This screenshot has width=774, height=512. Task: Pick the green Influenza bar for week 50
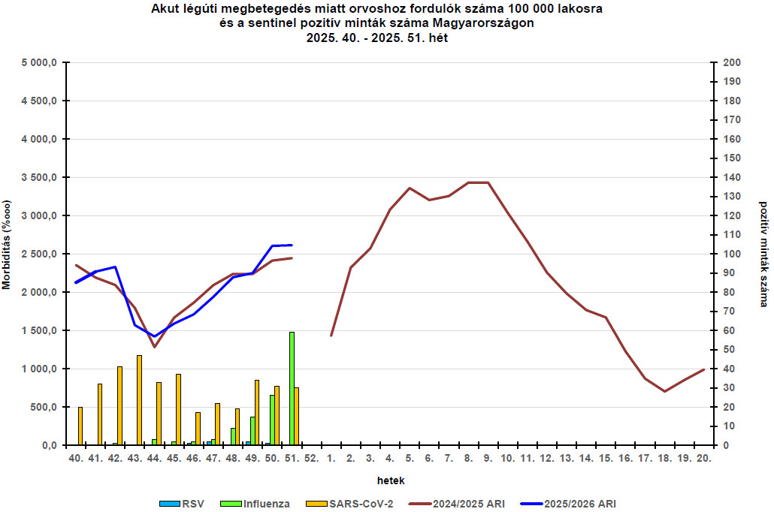(272, 420)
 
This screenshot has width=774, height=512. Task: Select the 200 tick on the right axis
(731, 63)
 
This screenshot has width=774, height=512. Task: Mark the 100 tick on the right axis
(731, 254)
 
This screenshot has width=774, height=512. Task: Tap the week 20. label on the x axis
(703, 457)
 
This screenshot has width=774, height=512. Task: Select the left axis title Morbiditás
(7, 245)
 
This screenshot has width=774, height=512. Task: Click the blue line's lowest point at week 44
(155, 336)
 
